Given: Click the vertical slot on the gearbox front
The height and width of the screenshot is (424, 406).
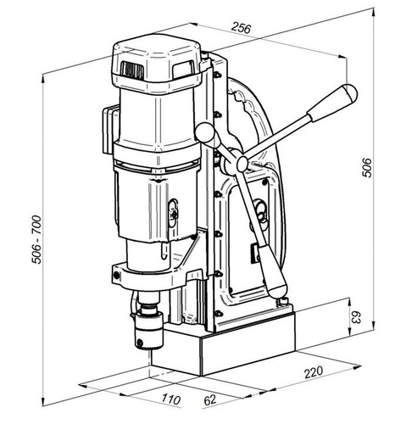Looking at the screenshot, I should [175, 211].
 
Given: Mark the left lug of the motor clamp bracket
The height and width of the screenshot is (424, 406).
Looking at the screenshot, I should [116, 273].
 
